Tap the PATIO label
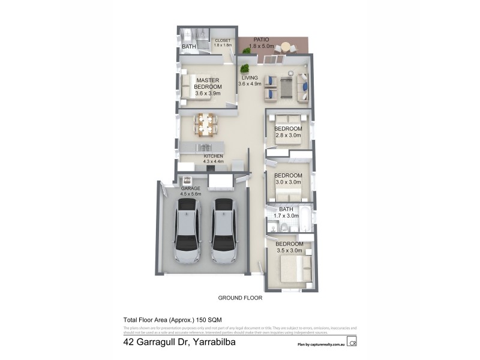pos(261,40)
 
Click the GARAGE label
pos(190,188)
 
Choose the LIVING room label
pos(250,78)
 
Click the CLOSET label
pos(222,41)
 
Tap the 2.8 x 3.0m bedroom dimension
pos(288,136)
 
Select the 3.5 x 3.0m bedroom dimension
pos(288,250)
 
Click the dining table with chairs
pos(205,124)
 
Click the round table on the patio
pos(286,46)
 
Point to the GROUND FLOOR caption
pos(240,298)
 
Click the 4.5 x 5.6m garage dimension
pos(190,194)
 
